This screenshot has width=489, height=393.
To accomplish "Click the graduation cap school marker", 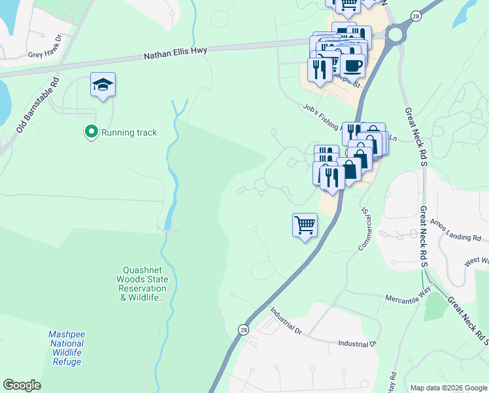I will [103, 85].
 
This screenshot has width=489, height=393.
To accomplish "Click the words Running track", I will [129, 132].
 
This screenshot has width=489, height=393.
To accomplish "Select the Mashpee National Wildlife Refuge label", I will [66, 348].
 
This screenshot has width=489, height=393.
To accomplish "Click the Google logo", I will [22, 385].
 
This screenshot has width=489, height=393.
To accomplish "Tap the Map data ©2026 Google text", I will [448, 387].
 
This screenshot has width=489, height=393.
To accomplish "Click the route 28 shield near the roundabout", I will [415, 16].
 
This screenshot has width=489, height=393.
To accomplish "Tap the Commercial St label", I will [363, 229].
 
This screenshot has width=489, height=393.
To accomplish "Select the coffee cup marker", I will [353, 67].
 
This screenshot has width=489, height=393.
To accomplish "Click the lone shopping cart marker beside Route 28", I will [305, 226].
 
